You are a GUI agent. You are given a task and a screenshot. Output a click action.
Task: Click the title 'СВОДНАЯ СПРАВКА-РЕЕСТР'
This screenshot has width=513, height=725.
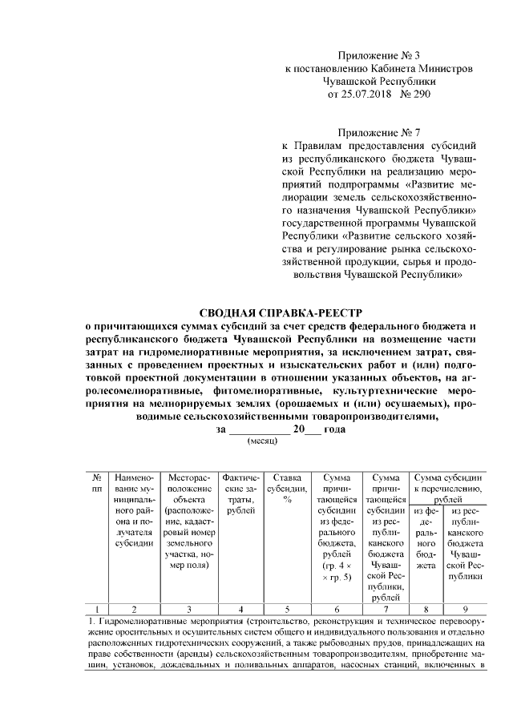tap(277, 313)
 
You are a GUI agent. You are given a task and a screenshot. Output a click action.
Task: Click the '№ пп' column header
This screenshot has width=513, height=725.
tap(97, 482)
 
